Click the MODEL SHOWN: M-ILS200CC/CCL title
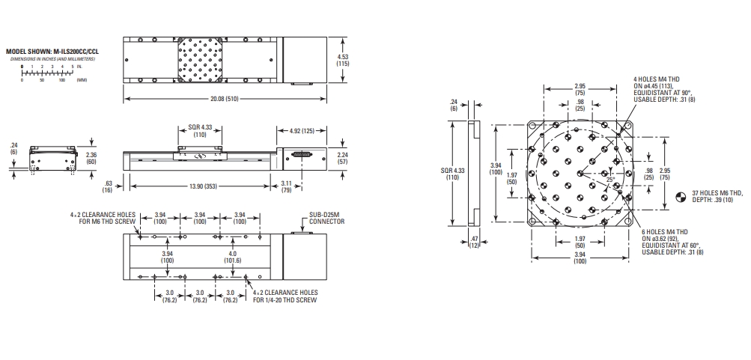coord(52,51)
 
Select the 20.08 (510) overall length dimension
coord(225,99)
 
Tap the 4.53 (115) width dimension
coord(343,60)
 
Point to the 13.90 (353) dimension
coord(200,186)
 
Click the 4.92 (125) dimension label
coord(301,131)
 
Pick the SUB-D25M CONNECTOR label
coord(326,219)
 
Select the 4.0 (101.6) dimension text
coord(232,257)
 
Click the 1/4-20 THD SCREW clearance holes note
coord(285,296)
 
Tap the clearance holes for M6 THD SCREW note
coord(103,218)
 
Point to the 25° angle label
coord(610,180)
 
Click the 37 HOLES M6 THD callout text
coord(717,196)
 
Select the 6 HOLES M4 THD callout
coord(672,242)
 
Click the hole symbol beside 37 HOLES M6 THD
coord(681,196)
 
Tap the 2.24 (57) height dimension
coord(343,159)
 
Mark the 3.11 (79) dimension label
coord(287,186)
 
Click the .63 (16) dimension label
coord(109,186)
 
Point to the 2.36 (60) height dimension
coord(91,158)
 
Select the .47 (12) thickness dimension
coord(474,242)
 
